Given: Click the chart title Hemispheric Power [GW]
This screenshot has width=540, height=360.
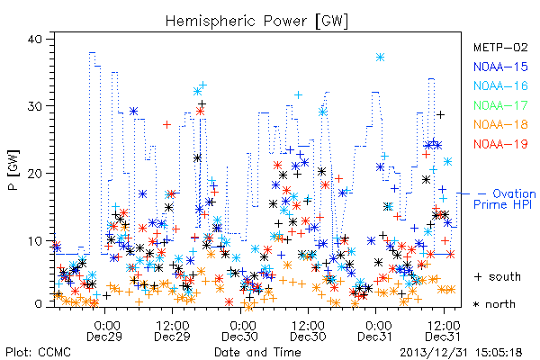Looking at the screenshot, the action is pos(256,22).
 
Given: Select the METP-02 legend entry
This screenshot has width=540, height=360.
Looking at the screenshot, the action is pos(500,47).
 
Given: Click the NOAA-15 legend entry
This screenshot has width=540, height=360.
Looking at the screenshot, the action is pos(500,67).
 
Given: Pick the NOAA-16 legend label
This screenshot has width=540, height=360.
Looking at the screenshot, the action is pos(500,85).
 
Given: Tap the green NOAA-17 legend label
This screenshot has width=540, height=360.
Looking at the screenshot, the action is pos(500,105).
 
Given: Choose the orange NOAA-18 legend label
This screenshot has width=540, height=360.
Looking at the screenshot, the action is pos(500,124).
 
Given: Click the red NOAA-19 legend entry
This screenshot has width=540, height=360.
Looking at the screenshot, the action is pos(500,144).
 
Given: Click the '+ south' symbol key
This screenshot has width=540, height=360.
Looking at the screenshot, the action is pos(498,276).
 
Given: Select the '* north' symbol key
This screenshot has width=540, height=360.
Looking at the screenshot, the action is pos(494,304).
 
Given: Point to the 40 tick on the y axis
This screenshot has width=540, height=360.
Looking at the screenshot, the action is pos(34,39).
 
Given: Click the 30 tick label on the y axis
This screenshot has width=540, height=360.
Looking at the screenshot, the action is pos(34,106).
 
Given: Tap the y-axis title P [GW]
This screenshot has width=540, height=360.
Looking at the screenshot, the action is pos(13,170).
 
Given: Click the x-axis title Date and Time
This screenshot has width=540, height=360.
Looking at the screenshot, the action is pos(257,352).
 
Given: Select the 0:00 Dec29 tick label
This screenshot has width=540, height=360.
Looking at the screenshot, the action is pos(104,330).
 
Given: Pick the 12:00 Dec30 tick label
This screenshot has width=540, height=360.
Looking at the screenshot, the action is pos(308,330).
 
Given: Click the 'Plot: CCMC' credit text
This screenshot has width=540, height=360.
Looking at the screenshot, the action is pos(38,352).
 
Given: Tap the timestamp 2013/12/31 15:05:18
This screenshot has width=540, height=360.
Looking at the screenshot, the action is pos(461,353).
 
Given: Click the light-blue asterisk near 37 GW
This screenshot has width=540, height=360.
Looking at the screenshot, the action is pos(380,58).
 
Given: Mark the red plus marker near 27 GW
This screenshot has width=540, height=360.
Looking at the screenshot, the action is pos(167,124).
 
